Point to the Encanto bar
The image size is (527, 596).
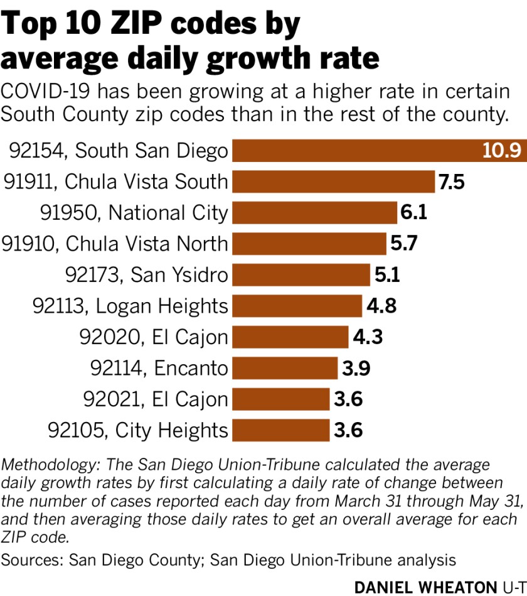pyautogui.click(x=285, y=367)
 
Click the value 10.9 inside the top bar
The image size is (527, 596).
pyautogui.click(x=501, y=151)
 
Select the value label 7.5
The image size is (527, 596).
pyautogui.click(x=452, y=182)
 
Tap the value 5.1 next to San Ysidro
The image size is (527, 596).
pyautogui.click(x=387, y=274)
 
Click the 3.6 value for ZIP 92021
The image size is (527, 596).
pyautogui.click(x=348, y=399)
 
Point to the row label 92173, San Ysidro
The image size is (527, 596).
pyautogui.click(x=147, y=274)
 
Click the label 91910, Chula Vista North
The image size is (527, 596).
pyautogui.click(x=115, y=244)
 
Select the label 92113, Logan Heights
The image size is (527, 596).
pyautogui.click(x=130, y=306)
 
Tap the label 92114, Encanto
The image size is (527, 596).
pyautogui.click(x=159, y=367)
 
